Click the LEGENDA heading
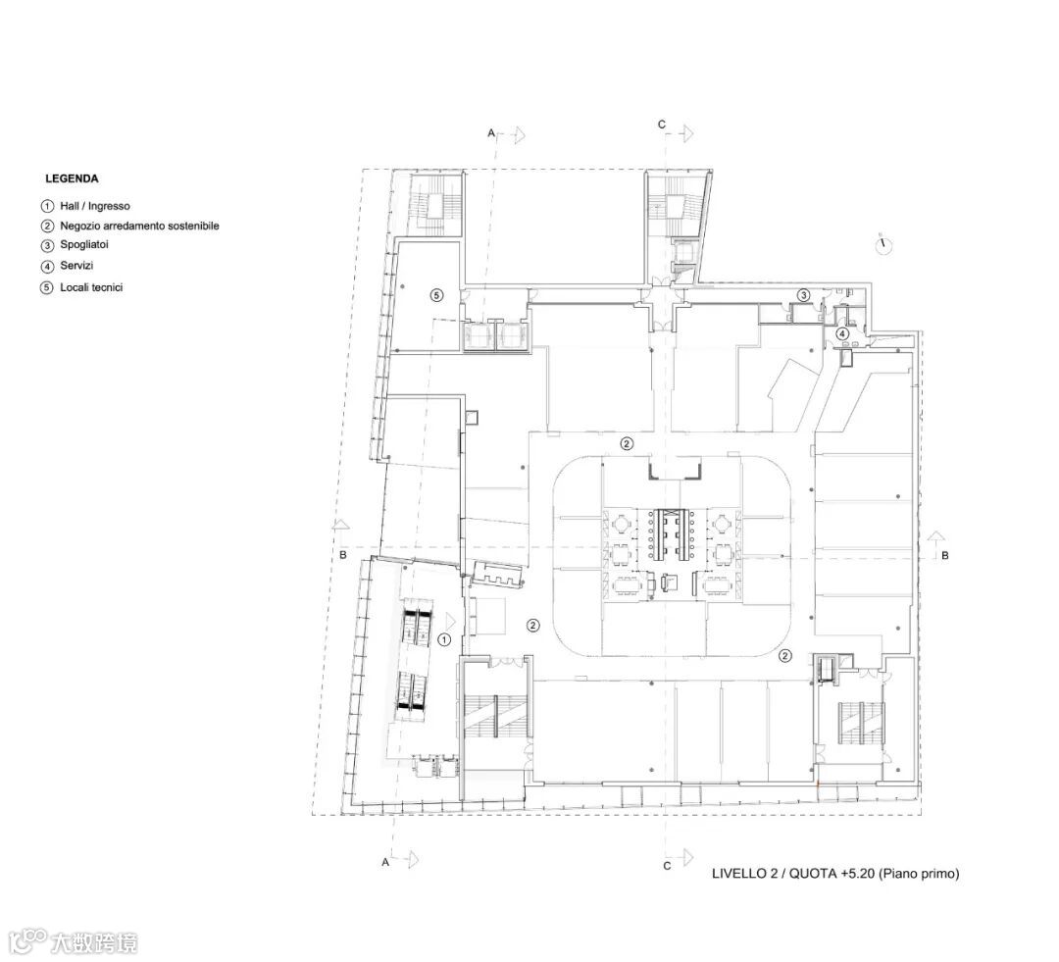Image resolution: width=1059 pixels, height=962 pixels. [x=72, y=179]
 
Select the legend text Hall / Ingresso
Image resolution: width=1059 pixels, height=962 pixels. [x=95, y=206]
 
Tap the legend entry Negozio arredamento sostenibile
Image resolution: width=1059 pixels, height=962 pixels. [x=140, y=226]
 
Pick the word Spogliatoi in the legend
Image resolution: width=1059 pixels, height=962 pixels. [x=84, y=244]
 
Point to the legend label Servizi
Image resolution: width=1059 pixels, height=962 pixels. [x=77, y=266]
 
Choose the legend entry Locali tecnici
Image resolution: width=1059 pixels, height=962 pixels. [x=92, y=287]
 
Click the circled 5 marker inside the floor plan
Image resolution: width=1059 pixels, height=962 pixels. [x=437, y=295]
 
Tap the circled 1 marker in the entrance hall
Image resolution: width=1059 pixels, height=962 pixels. [x=444, y=639]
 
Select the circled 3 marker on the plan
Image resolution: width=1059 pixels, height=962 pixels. [x=803, y=295]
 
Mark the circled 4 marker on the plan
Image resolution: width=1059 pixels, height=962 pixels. [x=842, y=333]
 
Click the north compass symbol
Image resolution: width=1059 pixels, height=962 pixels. [x=883, y=244]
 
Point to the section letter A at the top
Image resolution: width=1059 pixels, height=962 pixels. [x=491, y=133]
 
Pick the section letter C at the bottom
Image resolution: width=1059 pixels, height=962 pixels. [x=667, y=866]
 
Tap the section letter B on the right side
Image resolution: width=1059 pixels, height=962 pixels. [x=945, y=555]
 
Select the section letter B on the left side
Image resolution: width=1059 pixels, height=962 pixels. [x=343, y=555]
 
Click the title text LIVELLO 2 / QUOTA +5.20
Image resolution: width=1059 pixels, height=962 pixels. [x=793, y=874]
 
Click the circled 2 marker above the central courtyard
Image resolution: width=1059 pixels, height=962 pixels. [x=628, y=444]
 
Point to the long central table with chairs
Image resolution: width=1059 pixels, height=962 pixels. [x=672, y=534]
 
